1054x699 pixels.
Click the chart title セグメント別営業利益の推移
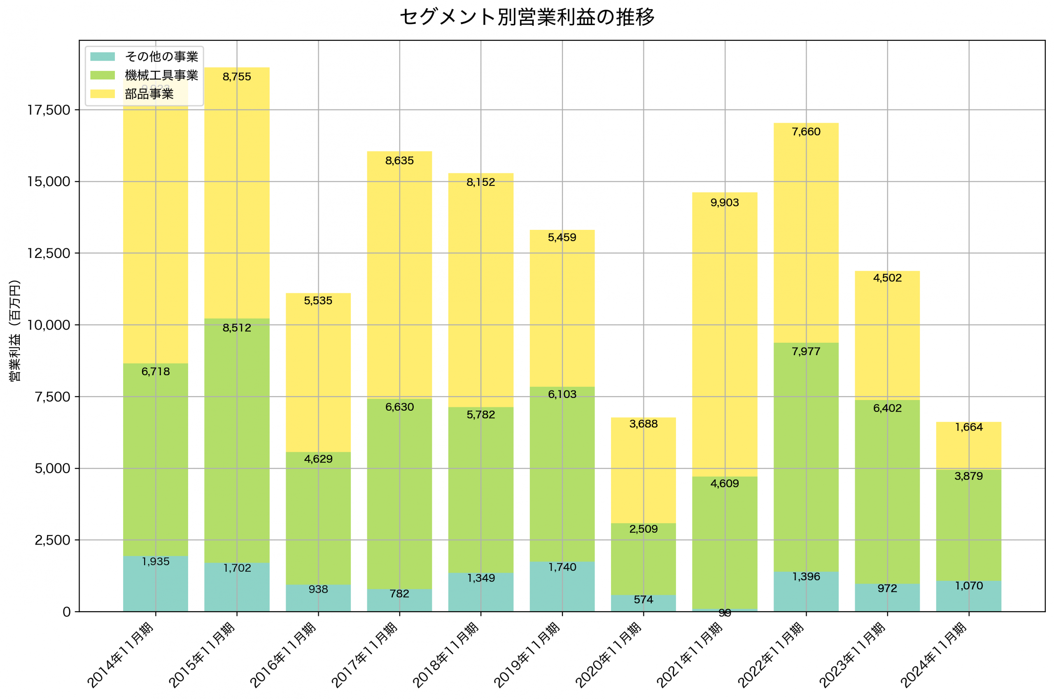(527, 17)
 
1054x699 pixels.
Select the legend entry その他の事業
(161, 56)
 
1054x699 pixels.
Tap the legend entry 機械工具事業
(161, 75)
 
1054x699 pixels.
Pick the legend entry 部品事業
(149, 94)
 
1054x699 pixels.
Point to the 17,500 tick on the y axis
(49, 110)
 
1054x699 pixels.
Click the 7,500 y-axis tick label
(53, 397)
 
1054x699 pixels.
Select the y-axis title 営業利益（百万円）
(15, 330)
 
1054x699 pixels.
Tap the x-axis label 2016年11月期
(283, 655)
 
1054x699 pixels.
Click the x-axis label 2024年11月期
(934, 655)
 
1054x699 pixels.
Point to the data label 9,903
(724, 203)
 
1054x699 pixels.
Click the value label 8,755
(237, 77)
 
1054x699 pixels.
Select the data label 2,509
(643, 529)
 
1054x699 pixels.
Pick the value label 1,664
(968, 428)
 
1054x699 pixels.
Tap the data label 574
(643, 600)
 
